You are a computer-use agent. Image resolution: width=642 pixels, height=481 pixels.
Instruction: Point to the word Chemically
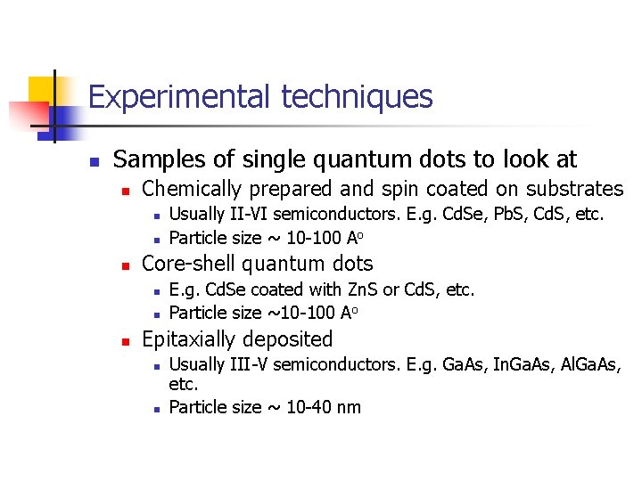(x=193, y=189)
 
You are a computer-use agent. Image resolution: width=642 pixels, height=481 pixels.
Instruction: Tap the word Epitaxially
(x=190, y=339)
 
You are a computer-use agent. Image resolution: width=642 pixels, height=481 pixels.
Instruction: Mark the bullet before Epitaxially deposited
(x=126, y=341)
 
